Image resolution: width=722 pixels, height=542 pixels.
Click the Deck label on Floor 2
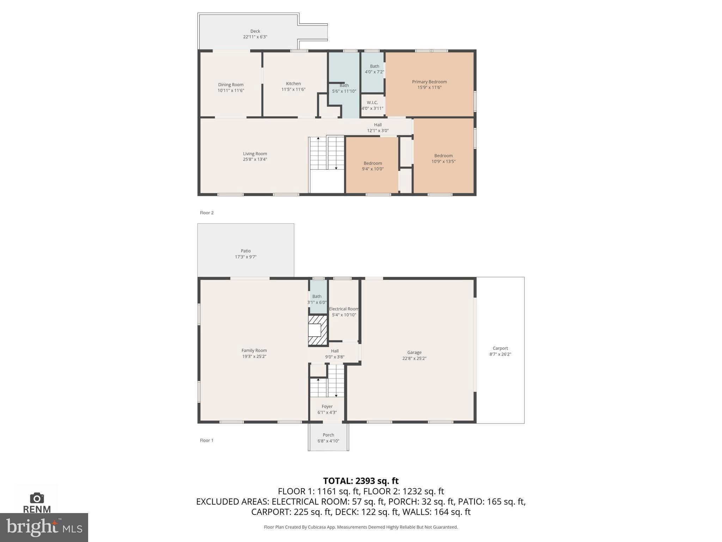(x=255, y=31)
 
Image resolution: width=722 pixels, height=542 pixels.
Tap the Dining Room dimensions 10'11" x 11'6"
(x=231, y=91)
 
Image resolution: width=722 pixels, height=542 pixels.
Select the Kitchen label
(x=293, y=84)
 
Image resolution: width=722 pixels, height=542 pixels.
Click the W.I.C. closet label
(x=372, y=103)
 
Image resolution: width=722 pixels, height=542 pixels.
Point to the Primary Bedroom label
(x=429, y=82)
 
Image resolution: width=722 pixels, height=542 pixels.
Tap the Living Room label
(x=255, y=153)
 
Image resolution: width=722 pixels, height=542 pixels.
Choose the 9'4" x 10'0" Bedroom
(x=373, y=166)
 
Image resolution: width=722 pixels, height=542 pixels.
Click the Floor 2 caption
(x=207, y=213)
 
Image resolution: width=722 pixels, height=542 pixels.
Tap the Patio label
(x=246, y=251)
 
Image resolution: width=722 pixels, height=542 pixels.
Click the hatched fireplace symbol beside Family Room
(x=318, y=331)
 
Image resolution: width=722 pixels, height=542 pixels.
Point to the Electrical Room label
(x=343, y=309)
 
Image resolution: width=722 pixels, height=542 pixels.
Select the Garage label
(x=414, y=352)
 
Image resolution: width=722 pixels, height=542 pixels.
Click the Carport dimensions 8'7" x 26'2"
(x=500, y=354)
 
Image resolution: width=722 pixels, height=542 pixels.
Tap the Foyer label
(x=327, y=406)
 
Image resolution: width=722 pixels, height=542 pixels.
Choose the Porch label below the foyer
(x=328, y=435)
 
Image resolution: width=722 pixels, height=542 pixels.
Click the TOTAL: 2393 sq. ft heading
(x=361, y=481)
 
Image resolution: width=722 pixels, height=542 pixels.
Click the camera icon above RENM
(x=37, y=498)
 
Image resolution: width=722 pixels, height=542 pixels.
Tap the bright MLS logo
(x=44, y=527)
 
